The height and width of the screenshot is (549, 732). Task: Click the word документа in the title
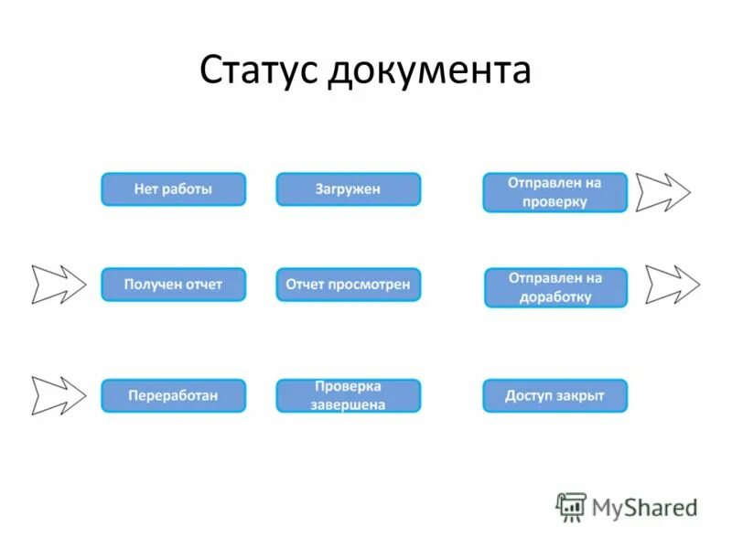[x=429, y=71]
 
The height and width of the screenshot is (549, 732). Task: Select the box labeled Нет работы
[x=173, y=189]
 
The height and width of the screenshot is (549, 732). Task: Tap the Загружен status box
[x=348, y=189]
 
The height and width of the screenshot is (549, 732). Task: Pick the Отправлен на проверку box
[x=554, y=192]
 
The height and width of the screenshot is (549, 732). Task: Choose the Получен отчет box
[x=173, y=285]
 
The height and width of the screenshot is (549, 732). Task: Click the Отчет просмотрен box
[x=348, y=285]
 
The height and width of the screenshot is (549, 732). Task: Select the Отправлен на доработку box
[x=555, y=287]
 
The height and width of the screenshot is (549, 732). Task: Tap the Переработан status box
[x=173, y=395]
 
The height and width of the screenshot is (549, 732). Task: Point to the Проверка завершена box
[x=348, y=395]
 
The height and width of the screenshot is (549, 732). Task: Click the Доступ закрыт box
[x=554, y=395]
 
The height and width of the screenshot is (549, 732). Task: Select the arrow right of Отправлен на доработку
[x=672, y=285]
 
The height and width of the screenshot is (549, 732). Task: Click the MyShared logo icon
[x=571, y=506]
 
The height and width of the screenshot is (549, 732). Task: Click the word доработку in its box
[x=555, y=297]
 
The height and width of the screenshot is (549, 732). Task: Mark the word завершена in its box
[x=348, y=404]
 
